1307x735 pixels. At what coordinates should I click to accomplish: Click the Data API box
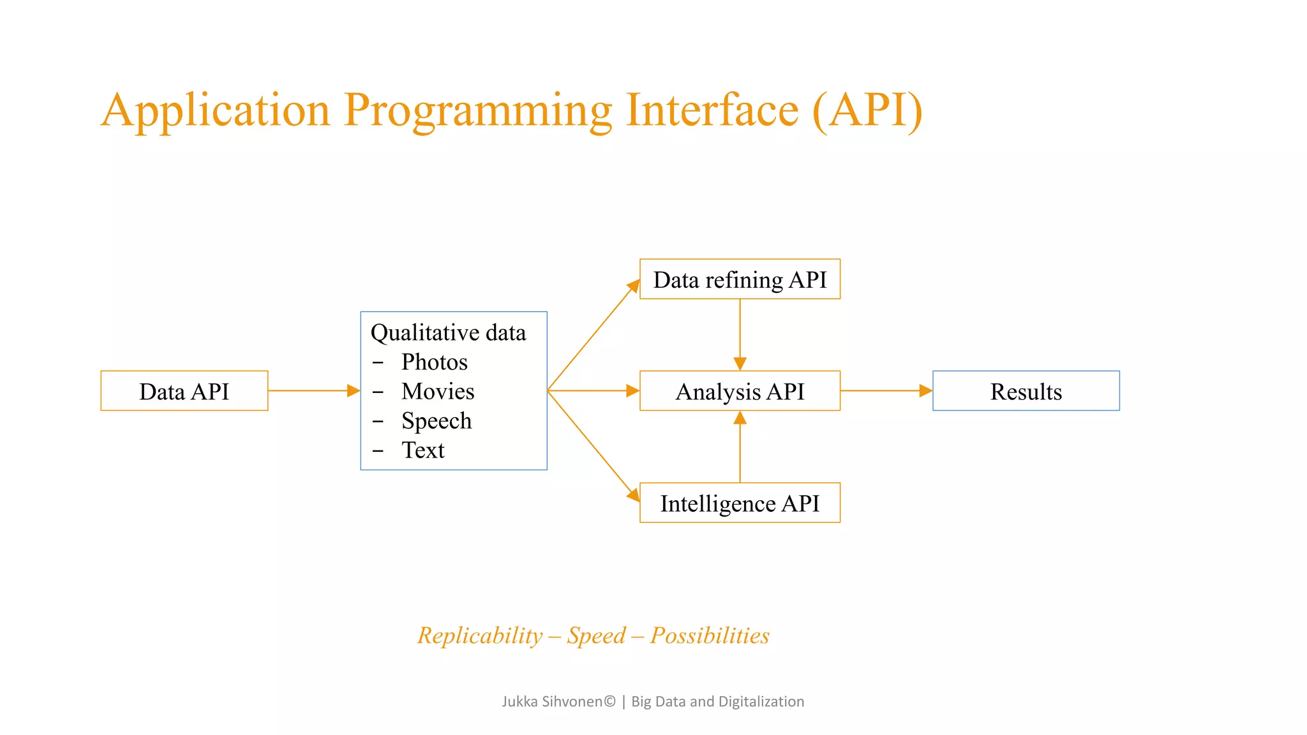tap(184, 390)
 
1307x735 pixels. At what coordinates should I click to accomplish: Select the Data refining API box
tap(740, 279)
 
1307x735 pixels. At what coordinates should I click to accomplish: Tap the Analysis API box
tap(740, 390)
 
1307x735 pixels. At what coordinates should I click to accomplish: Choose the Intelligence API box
tap(740, 503)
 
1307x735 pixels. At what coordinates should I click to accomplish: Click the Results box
tap(1026, 390)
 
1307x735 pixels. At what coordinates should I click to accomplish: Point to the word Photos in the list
tap(434, 362)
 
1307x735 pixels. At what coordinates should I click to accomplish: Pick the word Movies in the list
tap(438, 391)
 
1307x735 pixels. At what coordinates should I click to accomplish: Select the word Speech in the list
tap(437, 420)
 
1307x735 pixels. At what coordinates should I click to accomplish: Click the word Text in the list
tap(422, 450)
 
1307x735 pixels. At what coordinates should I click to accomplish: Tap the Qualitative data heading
tap(448, 332)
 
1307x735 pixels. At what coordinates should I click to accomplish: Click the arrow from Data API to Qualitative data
tap(313, 390)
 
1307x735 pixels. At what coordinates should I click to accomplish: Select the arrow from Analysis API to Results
tap(886, 390)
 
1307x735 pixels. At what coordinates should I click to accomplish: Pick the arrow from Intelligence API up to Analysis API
tap(740, 447)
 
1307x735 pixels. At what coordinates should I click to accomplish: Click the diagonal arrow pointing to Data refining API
tap(594, 335)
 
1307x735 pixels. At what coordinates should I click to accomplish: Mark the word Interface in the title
tap(712, 110)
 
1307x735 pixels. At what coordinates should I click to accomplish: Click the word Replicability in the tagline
tap(480, 635)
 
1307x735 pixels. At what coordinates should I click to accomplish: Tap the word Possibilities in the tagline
tap(710, 635)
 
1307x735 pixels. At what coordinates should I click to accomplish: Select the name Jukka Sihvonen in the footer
tap(553, 701)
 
